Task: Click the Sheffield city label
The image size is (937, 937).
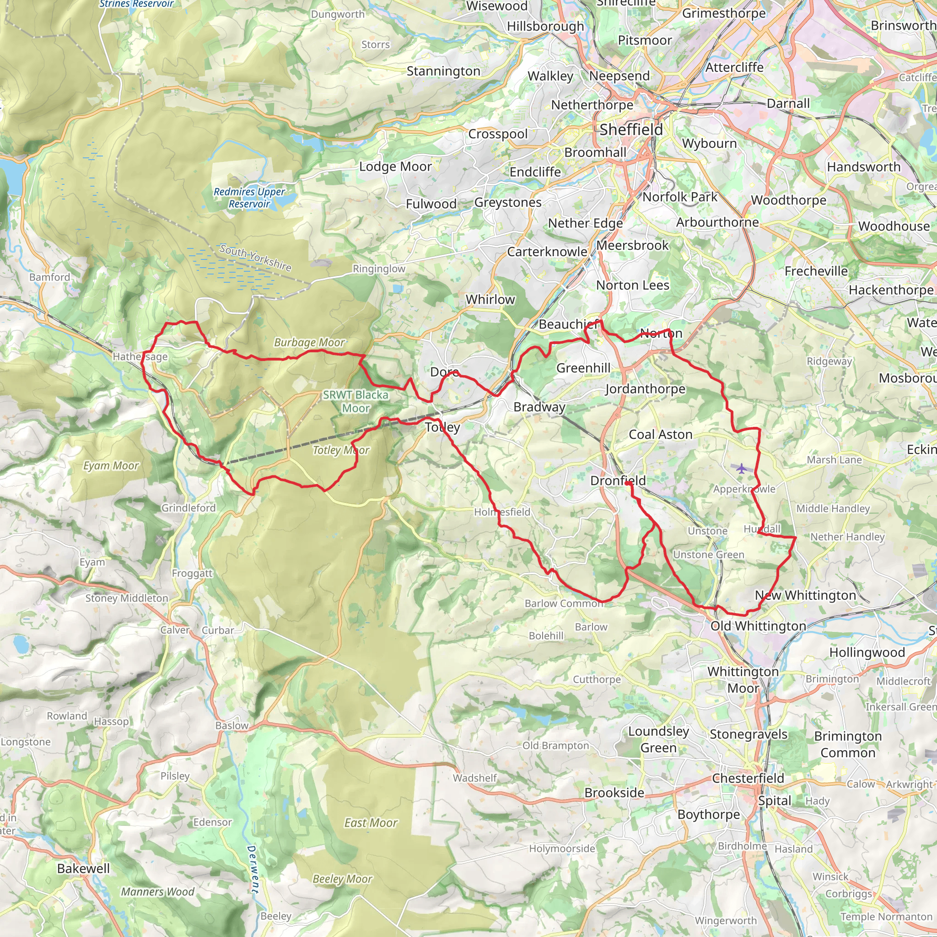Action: point(631,129)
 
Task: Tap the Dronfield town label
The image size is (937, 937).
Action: point(617,481)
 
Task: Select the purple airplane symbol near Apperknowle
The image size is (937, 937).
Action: point(741,468)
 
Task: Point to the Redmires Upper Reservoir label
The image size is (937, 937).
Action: point(249,198)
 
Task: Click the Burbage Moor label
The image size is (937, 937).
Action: point(309,342)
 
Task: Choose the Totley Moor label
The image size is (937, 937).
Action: point(340,450)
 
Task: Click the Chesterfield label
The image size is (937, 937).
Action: point(748,778)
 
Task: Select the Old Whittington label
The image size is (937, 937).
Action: point(758,626)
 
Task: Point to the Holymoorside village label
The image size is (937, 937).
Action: point(562,849)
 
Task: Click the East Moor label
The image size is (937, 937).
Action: point(371,823)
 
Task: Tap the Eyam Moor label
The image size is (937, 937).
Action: point(111,466)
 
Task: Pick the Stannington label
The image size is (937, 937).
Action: point(443,71)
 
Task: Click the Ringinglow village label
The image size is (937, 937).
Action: point(379,269)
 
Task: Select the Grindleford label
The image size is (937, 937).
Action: point(188,508)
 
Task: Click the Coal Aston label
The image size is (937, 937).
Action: point(660,435)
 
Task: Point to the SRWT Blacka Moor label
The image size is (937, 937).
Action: point(355,402)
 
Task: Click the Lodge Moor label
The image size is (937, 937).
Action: point(395,167)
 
